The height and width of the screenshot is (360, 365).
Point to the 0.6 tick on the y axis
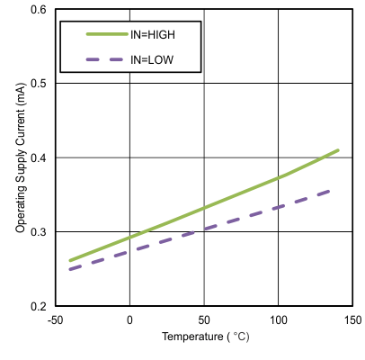tap(40, 9)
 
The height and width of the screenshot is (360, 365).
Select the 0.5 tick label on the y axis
tap(40, 84)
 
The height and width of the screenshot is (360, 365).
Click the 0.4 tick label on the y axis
tap(40, 158)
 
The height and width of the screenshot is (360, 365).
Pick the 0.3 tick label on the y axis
tap(40, 232)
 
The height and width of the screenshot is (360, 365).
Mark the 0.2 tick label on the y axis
tap(40, 307)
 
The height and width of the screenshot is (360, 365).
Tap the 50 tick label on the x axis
tap(204, 320)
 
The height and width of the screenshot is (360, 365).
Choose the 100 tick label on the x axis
tap(278, 320)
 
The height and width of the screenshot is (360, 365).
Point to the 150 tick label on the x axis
tap(352, 320)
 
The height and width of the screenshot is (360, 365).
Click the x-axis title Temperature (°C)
tap(204, 338)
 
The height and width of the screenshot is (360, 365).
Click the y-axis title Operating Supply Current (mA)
tap(20, 158)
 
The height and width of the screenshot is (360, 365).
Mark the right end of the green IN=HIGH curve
tap(338, 150)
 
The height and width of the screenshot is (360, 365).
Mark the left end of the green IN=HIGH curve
tap(70, 261)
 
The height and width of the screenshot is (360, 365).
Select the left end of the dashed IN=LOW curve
tap(70, 269)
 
